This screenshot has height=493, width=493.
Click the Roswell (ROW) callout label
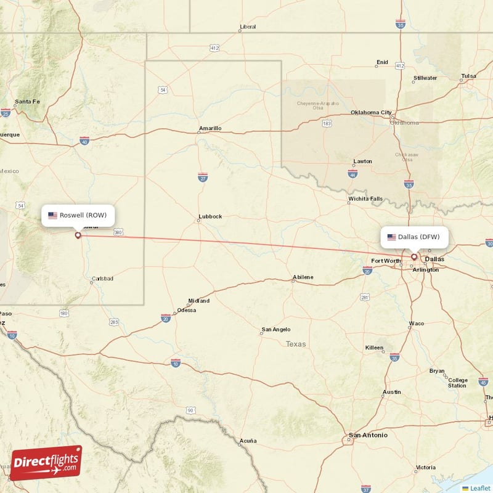click(78, 215)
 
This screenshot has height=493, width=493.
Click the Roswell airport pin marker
click(78, 235)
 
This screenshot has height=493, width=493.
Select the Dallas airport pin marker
click(414, 257)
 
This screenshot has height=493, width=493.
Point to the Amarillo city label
click(210, 128)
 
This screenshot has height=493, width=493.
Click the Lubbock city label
click(210, 217)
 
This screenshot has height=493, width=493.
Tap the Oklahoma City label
click(370, 113)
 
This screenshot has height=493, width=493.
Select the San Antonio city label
click(368, 435)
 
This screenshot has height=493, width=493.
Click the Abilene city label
click(303, 277)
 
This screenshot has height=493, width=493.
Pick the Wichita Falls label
click(365, 199)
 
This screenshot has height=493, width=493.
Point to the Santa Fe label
click(27, 102)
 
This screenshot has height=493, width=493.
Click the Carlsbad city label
click(102, 279)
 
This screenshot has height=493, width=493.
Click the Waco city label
click(416, 324)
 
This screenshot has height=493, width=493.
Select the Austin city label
click(391, 392)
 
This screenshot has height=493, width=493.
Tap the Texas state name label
click(295, 344)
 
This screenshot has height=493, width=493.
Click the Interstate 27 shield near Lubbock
click(203, 177)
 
